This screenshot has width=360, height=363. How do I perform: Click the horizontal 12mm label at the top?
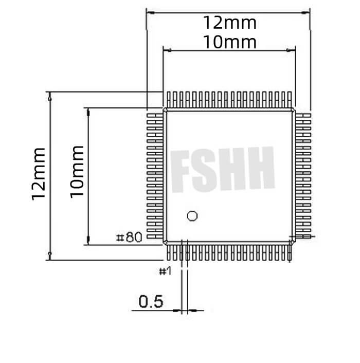[229, 23]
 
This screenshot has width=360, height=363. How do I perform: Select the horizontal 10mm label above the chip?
[229, 42]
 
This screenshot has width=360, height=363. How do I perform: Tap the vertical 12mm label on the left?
[39, 174]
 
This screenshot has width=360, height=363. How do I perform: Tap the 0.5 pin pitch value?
[151, 301]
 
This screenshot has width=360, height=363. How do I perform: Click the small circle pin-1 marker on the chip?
[192, 216]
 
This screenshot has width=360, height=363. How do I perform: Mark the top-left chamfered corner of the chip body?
[165, 110]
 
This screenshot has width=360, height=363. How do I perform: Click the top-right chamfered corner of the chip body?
[294, 110]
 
